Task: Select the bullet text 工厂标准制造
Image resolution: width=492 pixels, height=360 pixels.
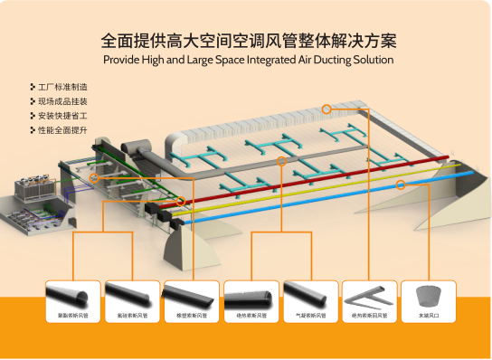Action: coord(62,87)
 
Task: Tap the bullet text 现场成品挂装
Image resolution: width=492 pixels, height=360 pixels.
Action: coord(62,101)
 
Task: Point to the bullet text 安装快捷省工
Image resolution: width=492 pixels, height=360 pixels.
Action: coord(62,116)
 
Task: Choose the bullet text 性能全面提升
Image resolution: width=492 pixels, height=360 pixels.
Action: coord(62,130)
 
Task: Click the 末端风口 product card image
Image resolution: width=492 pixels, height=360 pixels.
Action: coord(428,296)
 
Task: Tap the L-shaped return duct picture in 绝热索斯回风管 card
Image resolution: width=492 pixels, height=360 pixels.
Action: coord(369,295)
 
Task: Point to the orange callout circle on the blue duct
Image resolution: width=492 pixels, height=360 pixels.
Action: coord(401,185)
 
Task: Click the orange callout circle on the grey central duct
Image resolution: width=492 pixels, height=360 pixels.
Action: coord(281,161)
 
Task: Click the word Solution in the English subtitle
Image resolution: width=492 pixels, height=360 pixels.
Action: coord(370,60)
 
